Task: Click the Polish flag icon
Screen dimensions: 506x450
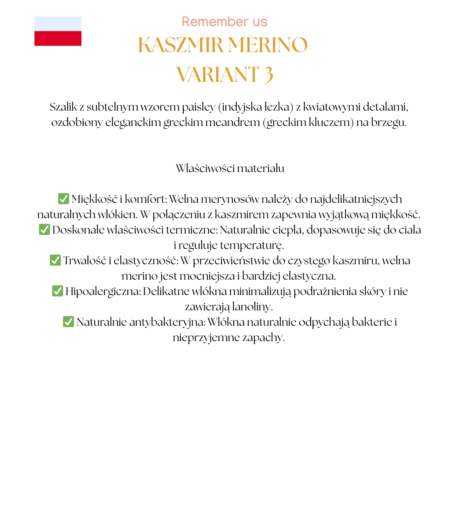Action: click(x=58, y=31)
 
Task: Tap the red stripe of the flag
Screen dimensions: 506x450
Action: click(x=58, y=39)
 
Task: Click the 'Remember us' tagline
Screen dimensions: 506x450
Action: click(x=224, y=22)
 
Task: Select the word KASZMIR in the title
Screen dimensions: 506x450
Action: click(x=180, y=45)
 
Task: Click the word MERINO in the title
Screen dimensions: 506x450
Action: click(x=268, y=45)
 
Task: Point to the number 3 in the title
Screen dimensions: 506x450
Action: click(x=268, y=74)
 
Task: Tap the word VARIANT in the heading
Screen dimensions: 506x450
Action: click(x=218, y=74)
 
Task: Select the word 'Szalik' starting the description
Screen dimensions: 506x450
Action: click(x=63, y=107)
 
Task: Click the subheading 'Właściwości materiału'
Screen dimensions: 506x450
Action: click(x=230, y=168)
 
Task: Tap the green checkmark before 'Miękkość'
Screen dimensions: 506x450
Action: click(x=63, y=199)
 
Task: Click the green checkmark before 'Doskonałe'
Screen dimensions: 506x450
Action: click(x=44, y=229)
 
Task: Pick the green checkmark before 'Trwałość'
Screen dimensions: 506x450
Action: click(x=55, y=260)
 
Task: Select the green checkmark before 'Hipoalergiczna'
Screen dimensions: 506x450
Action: click(x=57, y=291)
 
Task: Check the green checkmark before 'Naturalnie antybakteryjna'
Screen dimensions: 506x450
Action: click(x=68, y=322)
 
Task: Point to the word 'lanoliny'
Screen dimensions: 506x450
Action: click(x=252, y=307)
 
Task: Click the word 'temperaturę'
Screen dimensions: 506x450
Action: click(x=252, y=245)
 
